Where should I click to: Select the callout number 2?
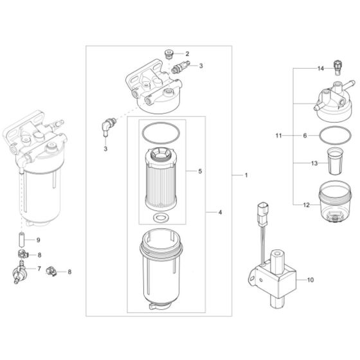(x=187, y=53)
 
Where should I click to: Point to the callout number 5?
(x=201, y=172)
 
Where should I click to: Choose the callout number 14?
(x=320, y=67)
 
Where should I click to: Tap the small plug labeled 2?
(x=169, y=54)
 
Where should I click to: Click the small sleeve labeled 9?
(x=21, y=241)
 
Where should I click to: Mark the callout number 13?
(x=313, y=163)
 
